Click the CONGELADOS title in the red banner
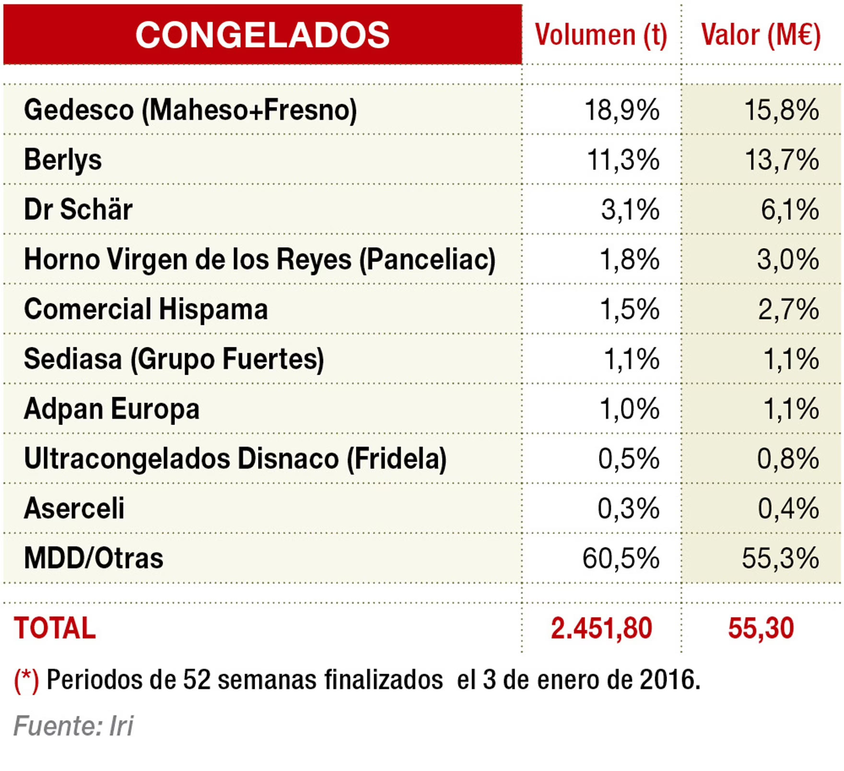262,35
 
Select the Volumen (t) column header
601,35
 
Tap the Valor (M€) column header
761,35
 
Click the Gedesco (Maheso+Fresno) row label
190,110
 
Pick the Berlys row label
63,160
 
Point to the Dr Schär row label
78,210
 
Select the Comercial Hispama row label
146,309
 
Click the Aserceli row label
74,508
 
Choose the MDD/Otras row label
94,558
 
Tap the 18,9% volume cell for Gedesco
622,110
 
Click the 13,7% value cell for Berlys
782,160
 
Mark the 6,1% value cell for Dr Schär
790,210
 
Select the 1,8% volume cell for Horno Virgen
630,260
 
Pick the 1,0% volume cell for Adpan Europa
630,409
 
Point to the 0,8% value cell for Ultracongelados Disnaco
788,459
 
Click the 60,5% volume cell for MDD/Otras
621,558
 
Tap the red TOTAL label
55,628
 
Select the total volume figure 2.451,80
601,628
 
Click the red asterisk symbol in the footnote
26,679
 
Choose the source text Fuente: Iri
73,725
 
